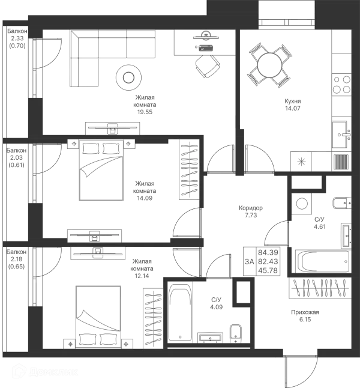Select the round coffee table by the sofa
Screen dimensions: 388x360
pyautogui.click(x=129, y=77)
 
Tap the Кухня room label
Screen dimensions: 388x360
pyautogui.click(x=292, y=104)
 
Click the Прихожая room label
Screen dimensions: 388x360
pyautogui.click(x=305, y=312)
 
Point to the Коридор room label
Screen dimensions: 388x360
pyautogui.click(x=247, y=208)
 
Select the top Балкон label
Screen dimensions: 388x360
pyautogui.click(x=16, y=35)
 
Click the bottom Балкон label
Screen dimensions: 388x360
pyautogui.click(x=16, y=255)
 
